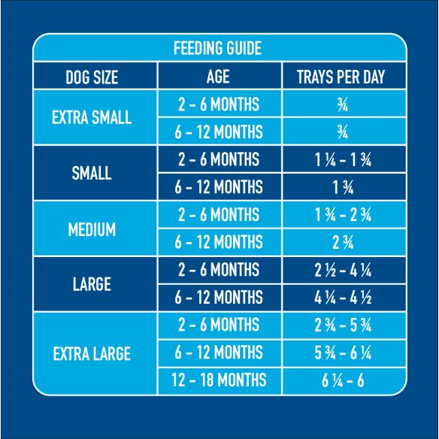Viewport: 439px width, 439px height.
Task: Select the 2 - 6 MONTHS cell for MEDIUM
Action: pos(218,215)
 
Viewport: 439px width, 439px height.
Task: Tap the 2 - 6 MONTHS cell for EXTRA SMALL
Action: pos(218,104)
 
